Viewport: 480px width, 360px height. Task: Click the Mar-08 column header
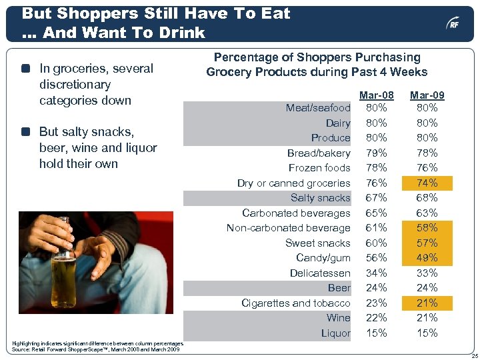[376, 96]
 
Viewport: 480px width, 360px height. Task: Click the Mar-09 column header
[427, 96]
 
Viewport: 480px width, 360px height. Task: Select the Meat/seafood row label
[318, 108]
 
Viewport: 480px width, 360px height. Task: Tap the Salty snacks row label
[320, 198]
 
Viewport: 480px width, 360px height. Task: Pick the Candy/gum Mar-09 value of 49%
[427, 258]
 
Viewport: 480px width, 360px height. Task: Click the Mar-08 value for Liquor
[376, 333]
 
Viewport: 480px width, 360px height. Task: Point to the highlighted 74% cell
[427, 183]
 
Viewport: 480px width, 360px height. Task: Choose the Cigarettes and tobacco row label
[295, 303]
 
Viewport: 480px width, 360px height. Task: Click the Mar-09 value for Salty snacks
[427, 198]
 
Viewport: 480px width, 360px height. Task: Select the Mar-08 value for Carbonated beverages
[376, 213]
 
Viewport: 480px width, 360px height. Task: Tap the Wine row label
[338, 318]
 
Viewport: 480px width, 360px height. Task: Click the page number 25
[470, 354]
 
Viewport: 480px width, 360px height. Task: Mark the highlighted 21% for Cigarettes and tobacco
[427, 303]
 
